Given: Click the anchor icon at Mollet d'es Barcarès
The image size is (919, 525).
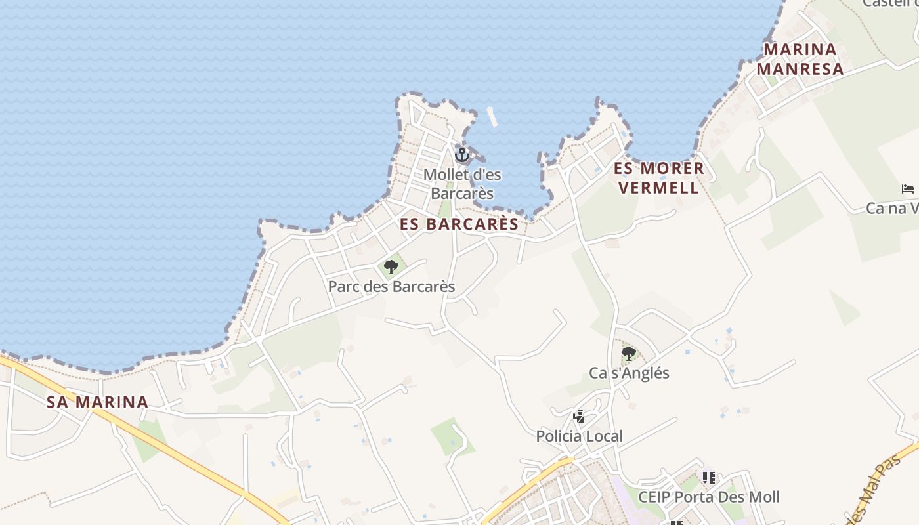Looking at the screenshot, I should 462,155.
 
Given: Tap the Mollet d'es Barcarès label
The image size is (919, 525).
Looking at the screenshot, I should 462,184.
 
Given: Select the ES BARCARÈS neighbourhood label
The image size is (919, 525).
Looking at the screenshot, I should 460,224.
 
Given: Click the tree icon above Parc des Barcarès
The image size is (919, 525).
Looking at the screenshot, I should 391,266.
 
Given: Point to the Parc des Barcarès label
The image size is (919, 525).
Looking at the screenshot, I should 391,287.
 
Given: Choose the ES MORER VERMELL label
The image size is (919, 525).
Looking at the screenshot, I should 658,178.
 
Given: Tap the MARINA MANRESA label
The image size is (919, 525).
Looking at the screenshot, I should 800,59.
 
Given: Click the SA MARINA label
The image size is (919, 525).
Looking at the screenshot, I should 97,402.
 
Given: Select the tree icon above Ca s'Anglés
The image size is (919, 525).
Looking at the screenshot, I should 628,354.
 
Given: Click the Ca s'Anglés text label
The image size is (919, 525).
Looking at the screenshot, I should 629,373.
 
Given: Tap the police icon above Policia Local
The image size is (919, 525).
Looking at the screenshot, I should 578,416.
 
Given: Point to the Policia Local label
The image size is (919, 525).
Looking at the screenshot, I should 579,436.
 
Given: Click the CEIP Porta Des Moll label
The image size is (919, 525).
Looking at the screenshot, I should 709,497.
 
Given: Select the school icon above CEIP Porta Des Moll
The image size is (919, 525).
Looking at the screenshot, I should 708,477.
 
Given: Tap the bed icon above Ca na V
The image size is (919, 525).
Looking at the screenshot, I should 908,189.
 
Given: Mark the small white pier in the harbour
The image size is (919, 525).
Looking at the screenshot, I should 492,117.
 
